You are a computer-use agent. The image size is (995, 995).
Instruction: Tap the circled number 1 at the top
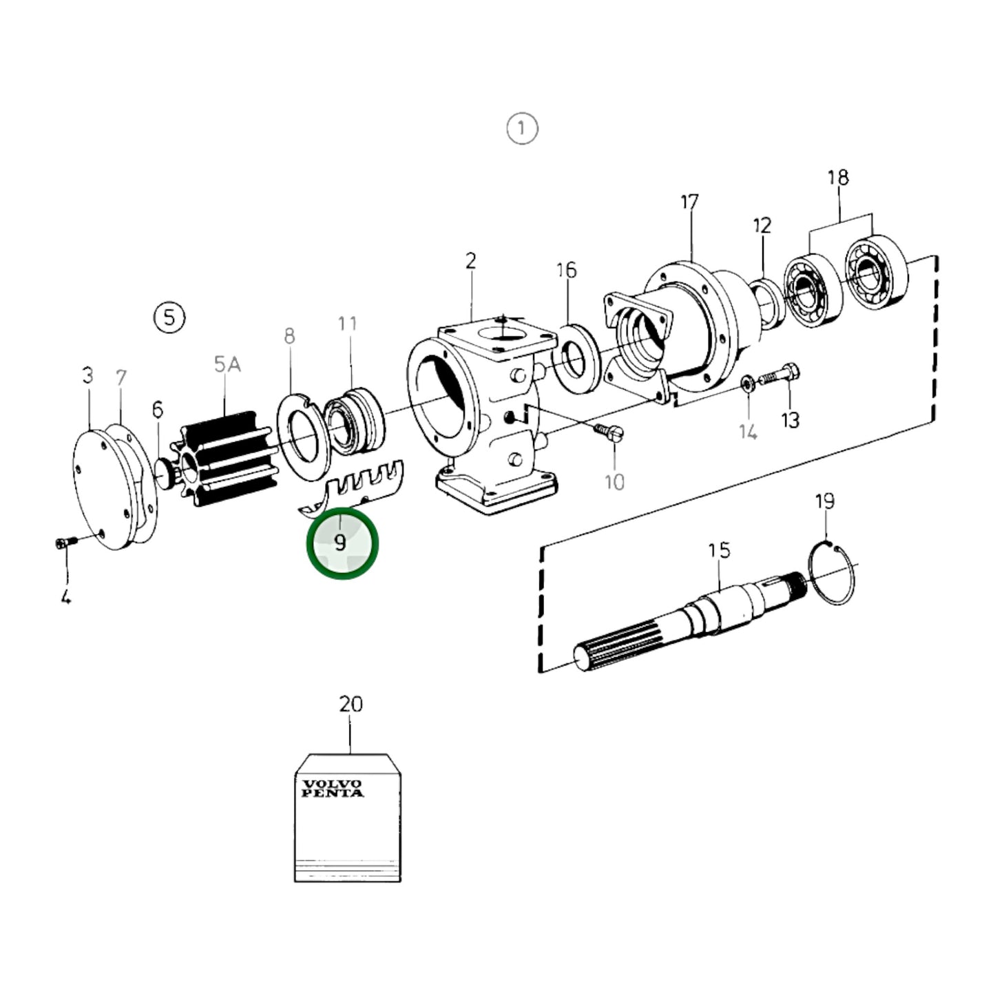point(521,129)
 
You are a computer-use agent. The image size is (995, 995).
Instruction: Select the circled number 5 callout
point(169,317)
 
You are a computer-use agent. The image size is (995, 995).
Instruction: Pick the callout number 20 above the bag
point(350,704)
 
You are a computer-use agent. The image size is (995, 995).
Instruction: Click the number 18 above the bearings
point(838,178)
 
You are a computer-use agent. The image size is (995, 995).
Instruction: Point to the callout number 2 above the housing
point(470,261)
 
